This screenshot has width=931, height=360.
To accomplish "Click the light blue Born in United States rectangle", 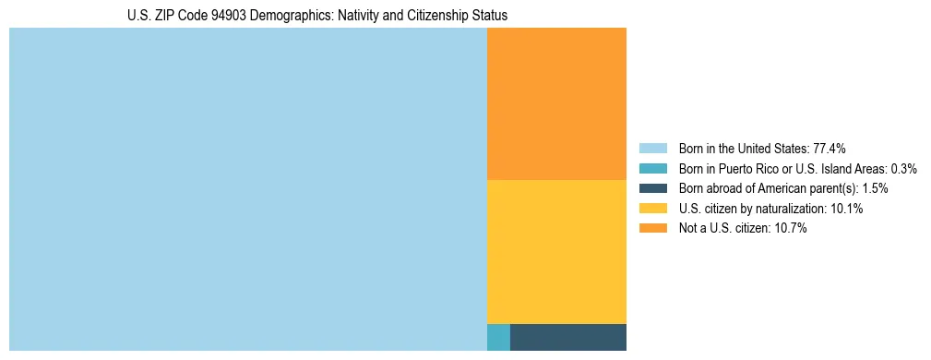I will pyautogui.click(x=247, y=189).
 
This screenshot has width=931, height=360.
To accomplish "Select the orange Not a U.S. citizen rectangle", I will pyautogui.click(x=556, y=103).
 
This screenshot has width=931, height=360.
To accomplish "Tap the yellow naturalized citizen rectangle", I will pyautogui.click(x=556, y=251).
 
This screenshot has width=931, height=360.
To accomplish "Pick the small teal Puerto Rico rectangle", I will pyautogui.click(x=498, y=337).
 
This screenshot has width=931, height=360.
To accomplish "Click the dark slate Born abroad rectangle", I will pyautogui.click(x=567, y=337).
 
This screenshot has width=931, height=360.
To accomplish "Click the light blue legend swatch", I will pyautogui.click(x=652, y=148).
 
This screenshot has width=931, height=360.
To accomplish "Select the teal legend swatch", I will pyautogui.click(x=652, y=168).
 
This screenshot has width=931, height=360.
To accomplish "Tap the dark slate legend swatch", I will pyautogui.click(x=652, y=188).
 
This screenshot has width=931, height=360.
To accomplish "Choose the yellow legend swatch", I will pyautogui.click(x=652, y=209).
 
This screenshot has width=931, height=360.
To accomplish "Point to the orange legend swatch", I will pyautogui.click(x=652, y=229).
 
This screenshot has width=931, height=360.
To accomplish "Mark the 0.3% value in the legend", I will pyautogui.click(x=903, y=168).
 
